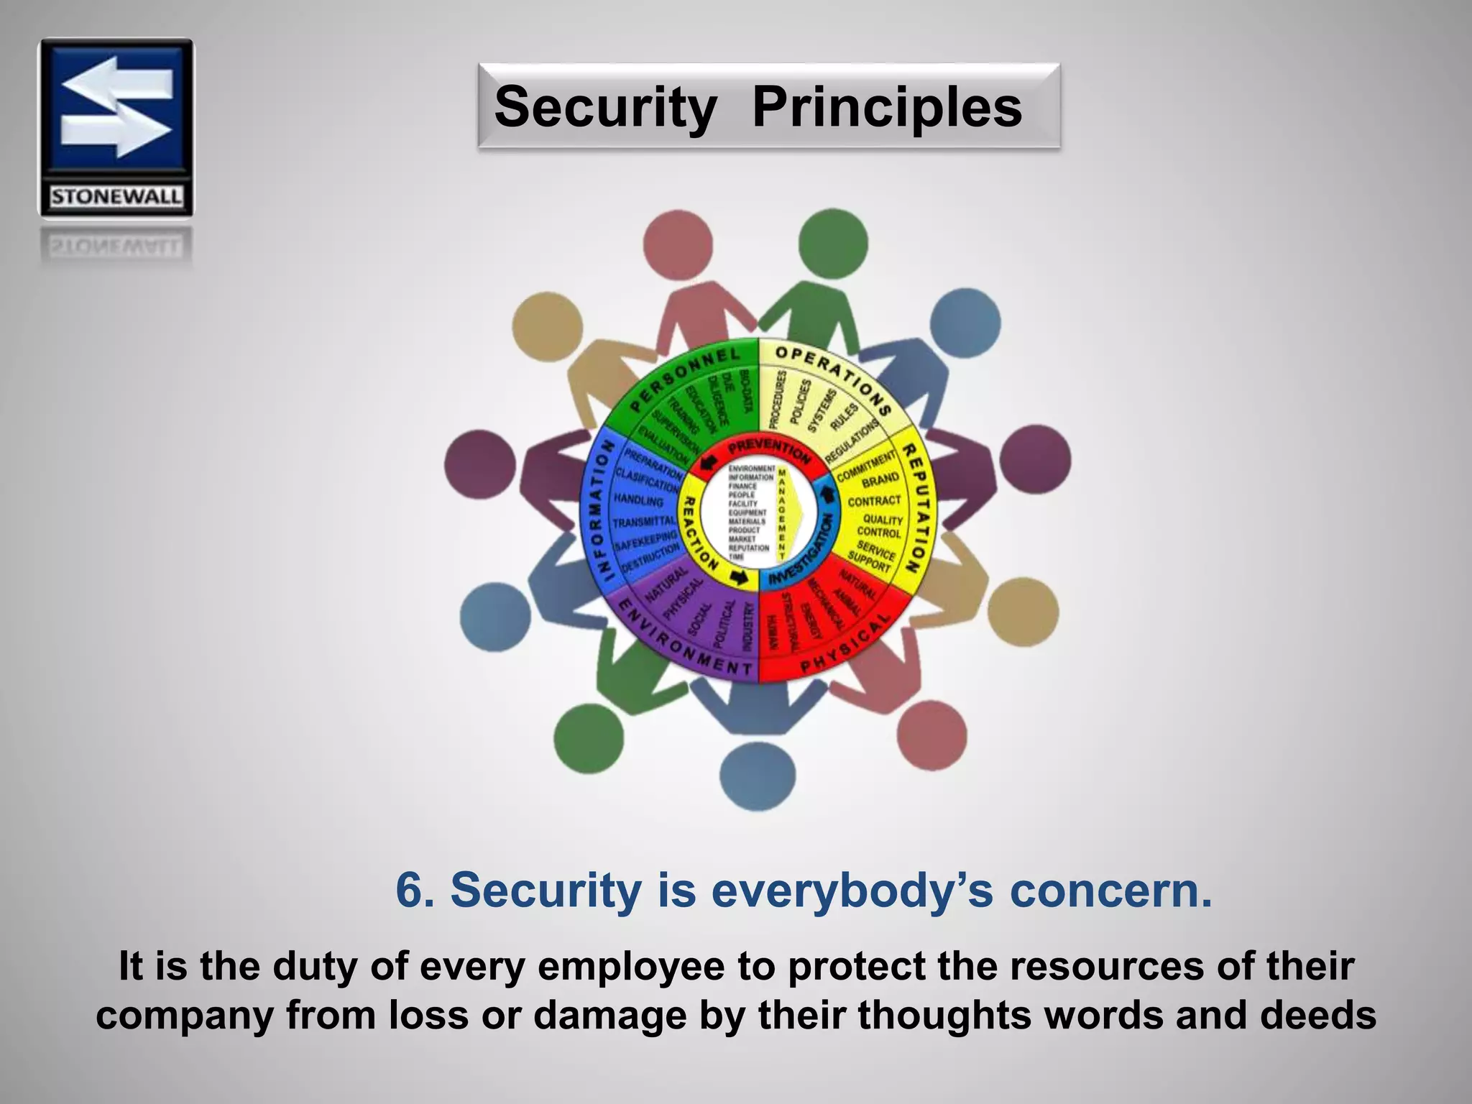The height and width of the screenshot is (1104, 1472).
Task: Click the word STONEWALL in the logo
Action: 116,196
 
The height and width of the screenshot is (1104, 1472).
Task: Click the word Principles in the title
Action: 886,107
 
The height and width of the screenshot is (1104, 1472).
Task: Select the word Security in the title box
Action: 605,107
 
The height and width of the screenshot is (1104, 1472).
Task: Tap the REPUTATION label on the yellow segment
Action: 916,507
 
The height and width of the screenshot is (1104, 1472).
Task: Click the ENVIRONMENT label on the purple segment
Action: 683,643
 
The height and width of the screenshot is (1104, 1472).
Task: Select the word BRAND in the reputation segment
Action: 880,479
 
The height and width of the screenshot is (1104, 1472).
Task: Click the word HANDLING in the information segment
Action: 638,500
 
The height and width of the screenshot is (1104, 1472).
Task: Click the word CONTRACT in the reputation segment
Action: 874,500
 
